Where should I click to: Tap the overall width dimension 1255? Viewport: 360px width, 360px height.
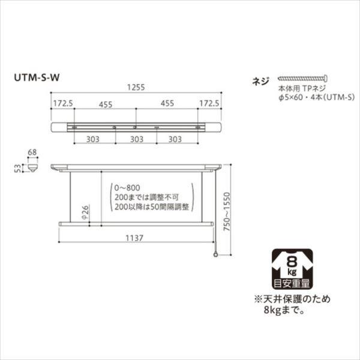coord(137,86)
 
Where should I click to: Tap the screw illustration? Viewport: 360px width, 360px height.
coord(303,78)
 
